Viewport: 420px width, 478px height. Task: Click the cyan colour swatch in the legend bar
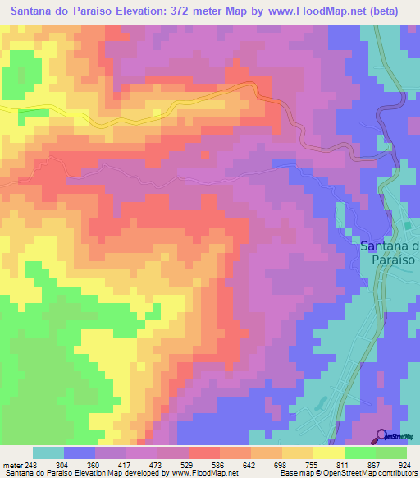tap(48, 453)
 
